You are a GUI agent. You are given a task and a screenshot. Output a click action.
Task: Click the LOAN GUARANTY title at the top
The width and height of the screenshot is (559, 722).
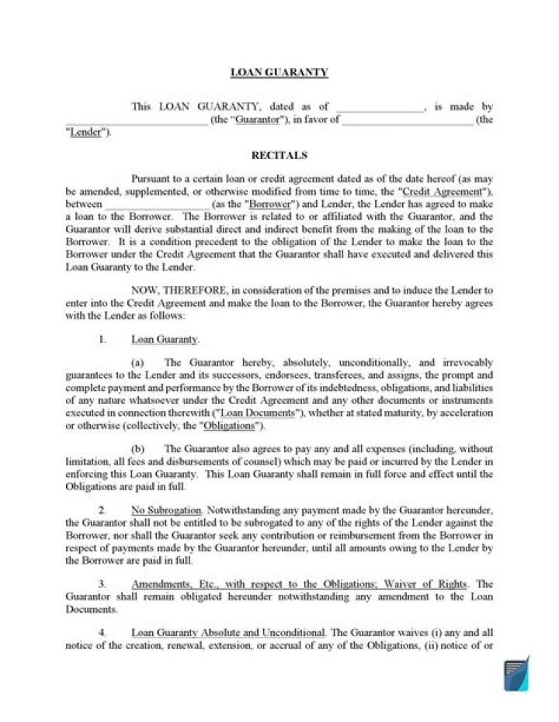pos(279,73)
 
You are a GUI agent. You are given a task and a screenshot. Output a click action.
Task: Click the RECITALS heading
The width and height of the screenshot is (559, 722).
pos(279,155)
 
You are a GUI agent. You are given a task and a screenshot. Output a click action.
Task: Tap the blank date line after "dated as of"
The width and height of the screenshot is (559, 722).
pos(380,108)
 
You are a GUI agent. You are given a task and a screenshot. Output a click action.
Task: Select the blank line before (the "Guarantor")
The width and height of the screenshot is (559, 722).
pos(137,120)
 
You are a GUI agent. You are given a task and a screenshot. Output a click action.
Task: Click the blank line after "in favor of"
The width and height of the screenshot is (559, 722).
pos(408,120)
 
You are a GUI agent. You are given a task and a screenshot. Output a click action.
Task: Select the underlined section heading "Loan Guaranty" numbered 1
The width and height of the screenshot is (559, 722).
pos(165,339)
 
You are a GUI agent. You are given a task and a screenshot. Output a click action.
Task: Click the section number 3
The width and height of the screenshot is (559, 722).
pos(102,584)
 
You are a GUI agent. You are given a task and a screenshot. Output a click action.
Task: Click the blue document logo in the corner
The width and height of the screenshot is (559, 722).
pos(516,673)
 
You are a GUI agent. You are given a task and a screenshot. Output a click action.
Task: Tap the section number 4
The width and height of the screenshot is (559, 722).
pos(102,634)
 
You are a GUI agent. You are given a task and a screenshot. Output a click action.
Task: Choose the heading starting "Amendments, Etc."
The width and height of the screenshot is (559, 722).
pos(299,584)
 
